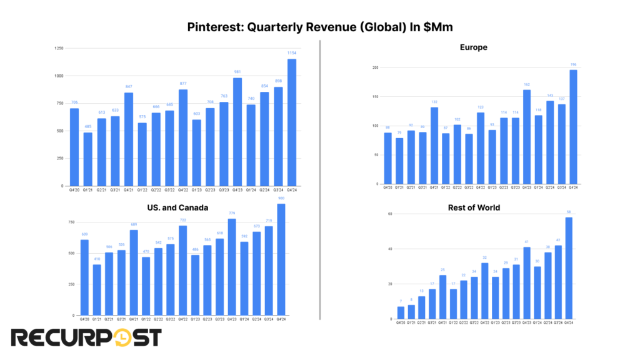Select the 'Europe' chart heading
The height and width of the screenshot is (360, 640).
(473, 47)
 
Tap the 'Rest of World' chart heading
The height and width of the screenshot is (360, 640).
(473, 207)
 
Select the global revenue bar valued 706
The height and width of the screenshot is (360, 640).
(74, 147)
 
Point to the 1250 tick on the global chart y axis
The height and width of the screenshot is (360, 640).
(59, 48)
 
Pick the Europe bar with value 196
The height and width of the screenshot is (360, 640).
(573, 127)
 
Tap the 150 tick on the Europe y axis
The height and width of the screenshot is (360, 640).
(375, 97)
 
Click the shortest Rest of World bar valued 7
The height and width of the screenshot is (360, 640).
(401, 312)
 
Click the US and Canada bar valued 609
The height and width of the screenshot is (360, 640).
(84, 277)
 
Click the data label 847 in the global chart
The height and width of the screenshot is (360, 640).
(129, 86)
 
